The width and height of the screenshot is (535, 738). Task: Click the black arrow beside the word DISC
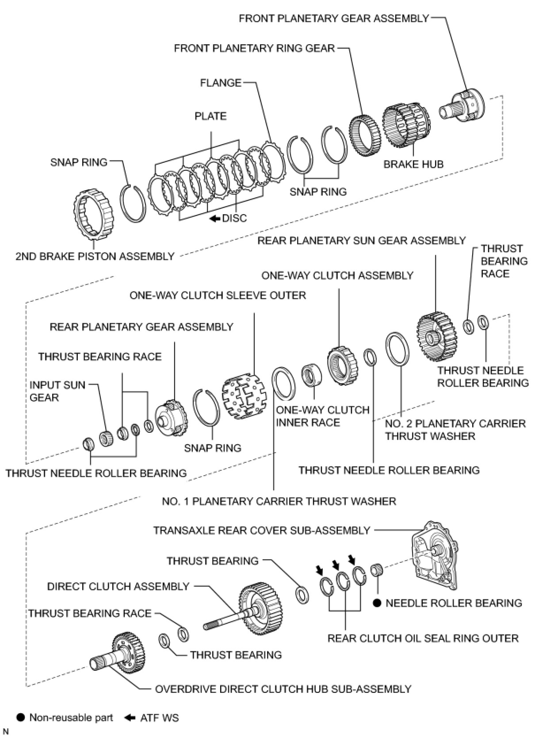click(x=215, y=218)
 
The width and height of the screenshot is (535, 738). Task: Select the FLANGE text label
click(x=221, y=83)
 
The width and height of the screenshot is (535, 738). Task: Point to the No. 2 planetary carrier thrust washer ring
click(x=397, y=349)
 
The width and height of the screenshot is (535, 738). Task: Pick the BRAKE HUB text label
click(x=413, y=164)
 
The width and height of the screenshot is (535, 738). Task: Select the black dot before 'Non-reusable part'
click(x=20, y=718)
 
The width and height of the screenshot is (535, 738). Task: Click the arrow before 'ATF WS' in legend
click(x=130, y=718)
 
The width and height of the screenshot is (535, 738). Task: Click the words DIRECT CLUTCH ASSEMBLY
click(x=118, y=586)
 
